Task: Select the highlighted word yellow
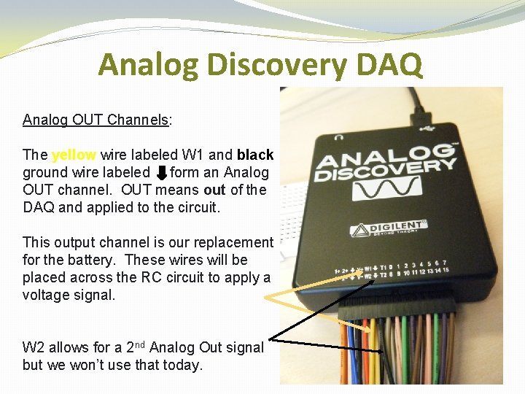[74, 155]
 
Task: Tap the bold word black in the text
[255, 155]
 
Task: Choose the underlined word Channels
[138, 120]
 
